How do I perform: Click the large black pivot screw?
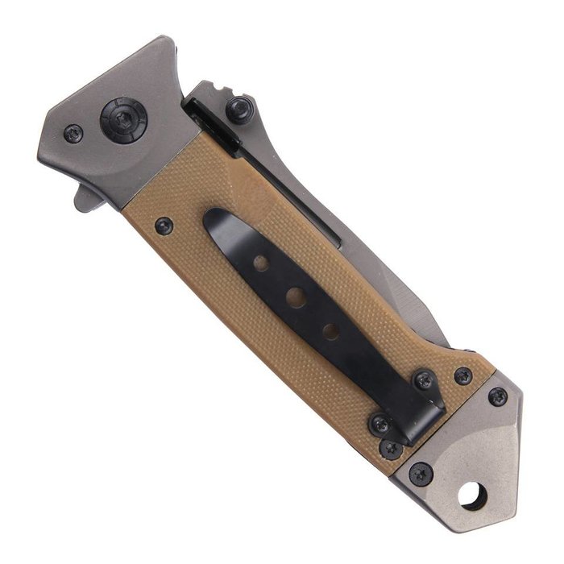123,119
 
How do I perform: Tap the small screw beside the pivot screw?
73,134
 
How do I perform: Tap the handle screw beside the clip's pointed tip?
164,226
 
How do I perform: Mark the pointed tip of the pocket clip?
211,219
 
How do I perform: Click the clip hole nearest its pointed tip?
260,263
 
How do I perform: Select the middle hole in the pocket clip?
296,297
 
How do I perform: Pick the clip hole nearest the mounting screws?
330,330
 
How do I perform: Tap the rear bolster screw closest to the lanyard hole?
420,473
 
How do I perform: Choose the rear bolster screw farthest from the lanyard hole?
498,396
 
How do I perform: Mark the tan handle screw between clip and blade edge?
462,375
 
